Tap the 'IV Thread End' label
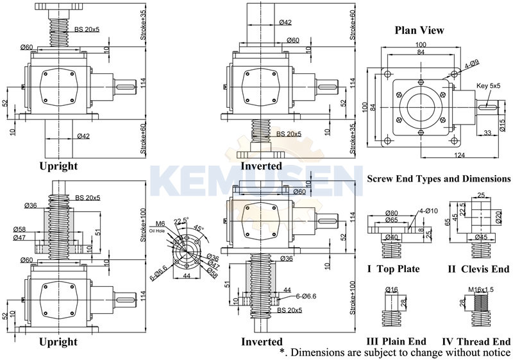(476, 341)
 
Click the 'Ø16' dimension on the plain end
(392, 290)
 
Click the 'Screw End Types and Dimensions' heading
(438, 179)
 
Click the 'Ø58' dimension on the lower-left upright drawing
(21, 229)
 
